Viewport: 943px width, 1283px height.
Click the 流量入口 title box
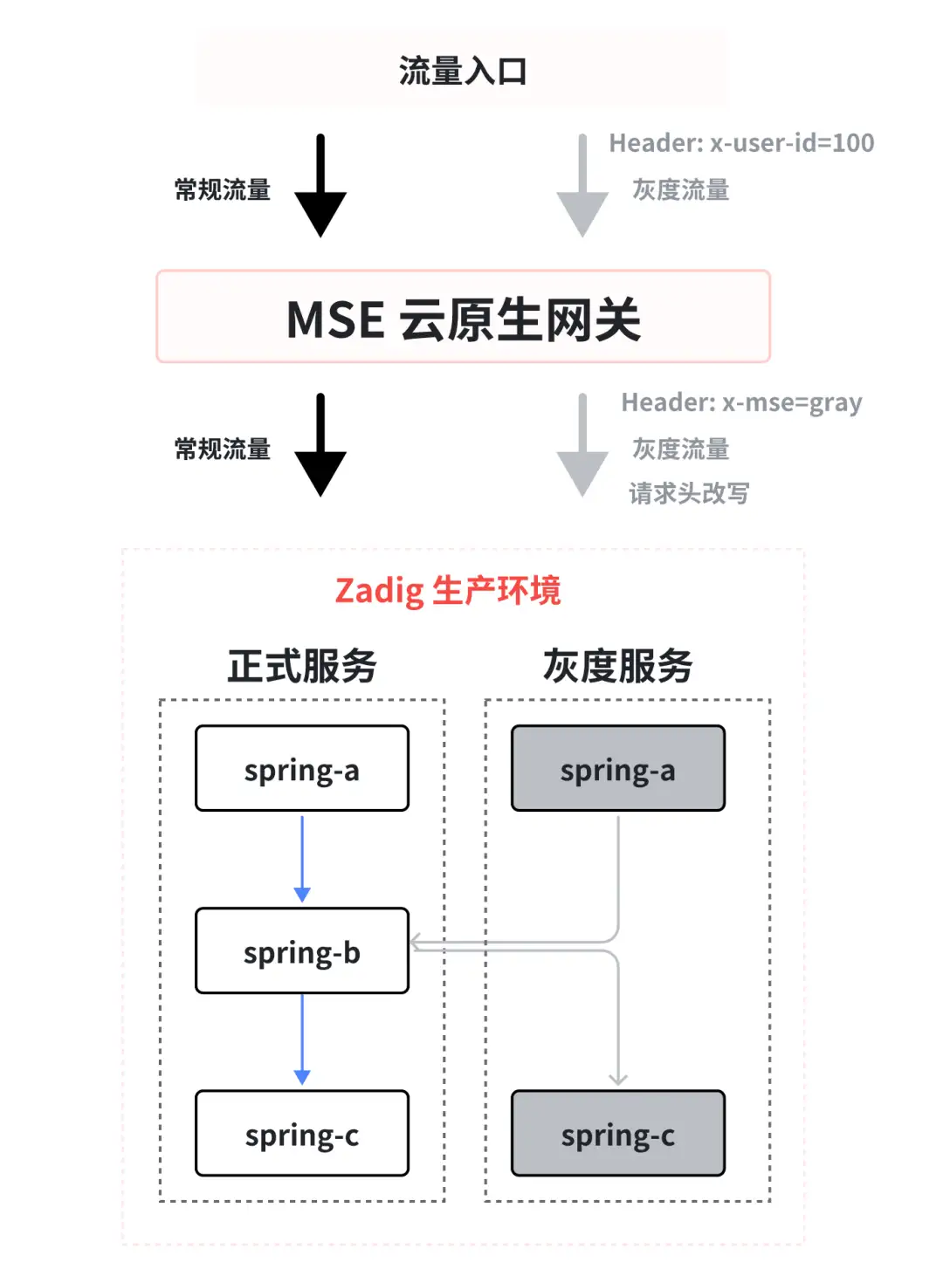point(461,70)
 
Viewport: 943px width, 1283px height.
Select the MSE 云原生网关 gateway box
point(463,316)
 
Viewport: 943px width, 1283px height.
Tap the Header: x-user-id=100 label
point(741,143)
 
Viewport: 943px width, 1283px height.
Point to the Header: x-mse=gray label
point(741,402)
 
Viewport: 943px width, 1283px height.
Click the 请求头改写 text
point(689,493)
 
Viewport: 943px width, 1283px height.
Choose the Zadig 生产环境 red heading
point(447,591)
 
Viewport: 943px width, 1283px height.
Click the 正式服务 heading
point(302,666)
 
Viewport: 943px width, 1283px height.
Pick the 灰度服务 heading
point(617,666)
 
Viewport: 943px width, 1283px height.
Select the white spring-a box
point(302,768)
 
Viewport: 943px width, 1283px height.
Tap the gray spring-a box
point(618,768)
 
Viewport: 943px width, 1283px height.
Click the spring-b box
point(302,950)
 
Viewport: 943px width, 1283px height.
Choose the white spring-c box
point(302,1133)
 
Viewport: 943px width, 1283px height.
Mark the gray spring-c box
point(618,1133)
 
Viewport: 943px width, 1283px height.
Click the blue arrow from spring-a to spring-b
point(302,859)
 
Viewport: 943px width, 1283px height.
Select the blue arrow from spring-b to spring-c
point(302,1040)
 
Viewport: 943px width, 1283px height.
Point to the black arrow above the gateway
point(320,186)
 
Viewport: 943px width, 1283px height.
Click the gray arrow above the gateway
point(582,186)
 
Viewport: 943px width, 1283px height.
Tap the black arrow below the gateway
point(320,445)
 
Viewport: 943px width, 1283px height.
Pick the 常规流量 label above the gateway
point(223,189)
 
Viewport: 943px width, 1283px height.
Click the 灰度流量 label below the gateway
point(680,449)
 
